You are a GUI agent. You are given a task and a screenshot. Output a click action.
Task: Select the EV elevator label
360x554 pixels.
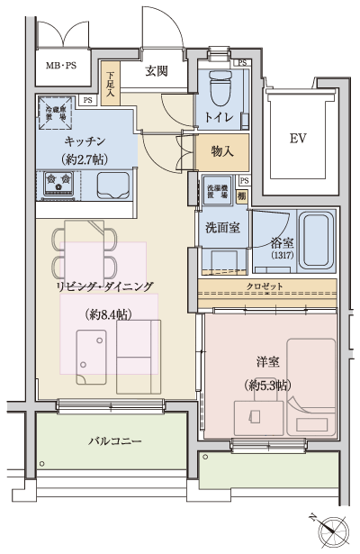[x=299, y=140]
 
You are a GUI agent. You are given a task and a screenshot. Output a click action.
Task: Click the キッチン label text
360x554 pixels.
[x=86, y=142]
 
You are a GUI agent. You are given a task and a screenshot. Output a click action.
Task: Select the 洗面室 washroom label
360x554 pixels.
[x=220, y=227]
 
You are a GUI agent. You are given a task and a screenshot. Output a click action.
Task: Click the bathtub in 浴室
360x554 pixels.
[x=316, y=241]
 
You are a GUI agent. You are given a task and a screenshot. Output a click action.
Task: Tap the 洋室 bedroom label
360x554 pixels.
[x=266, y=362]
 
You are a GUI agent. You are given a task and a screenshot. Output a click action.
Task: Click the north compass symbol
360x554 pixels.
[x=333, y=530]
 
